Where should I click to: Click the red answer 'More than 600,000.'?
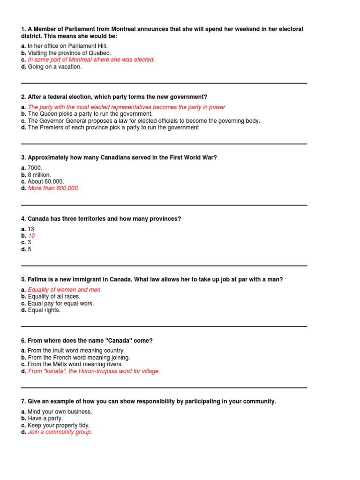(x=53, y=188)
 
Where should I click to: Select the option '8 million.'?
(x=39, y=175)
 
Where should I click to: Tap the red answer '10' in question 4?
(x=31, y=236)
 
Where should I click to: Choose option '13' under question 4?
(x=31, y=229)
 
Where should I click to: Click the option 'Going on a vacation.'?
(x=54, y=67)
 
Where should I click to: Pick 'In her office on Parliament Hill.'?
(x=67, y=46)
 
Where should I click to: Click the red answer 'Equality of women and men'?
(x=64, y=290)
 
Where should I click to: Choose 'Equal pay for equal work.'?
(x=61, y=303)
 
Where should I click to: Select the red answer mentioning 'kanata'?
(x=94, y=371)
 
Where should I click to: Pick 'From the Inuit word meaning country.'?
(x=76, y=351)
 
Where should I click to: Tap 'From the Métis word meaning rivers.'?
(x=75, y=364)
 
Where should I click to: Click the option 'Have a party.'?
(x=45, y=418)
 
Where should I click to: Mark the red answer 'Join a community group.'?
(x=60, y=432)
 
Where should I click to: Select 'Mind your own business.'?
(x=60, y=412)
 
